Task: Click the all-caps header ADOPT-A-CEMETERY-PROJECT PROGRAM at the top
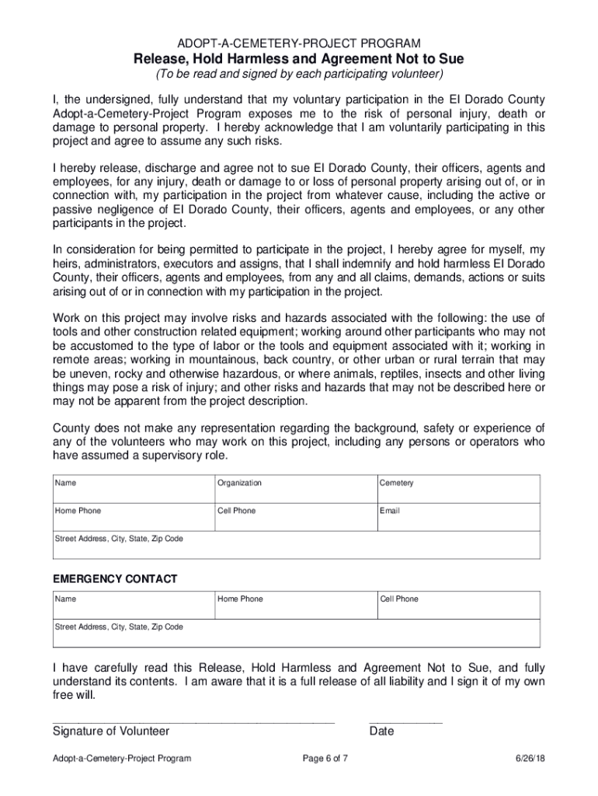point(299,44)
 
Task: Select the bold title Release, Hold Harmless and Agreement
point(299,59)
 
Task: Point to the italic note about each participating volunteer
point(299,75)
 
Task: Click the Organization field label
point(239,484)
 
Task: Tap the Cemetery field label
point(396,484)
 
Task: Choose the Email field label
point(389,511)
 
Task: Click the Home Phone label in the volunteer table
point(77,511)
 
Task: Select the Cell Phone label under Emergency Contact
point(398,599)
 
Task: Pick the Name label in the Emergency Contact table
point(65,599)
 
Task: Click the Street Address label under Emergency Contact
point(118,627)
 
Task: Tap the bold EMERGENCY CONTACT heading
point(114,579)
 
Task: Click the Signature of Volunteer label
point(110,731)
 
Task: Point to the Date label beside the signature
point(381,731)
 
